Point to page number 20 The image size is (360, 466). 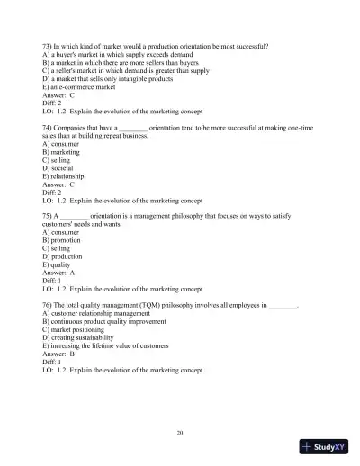[181, 433]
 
